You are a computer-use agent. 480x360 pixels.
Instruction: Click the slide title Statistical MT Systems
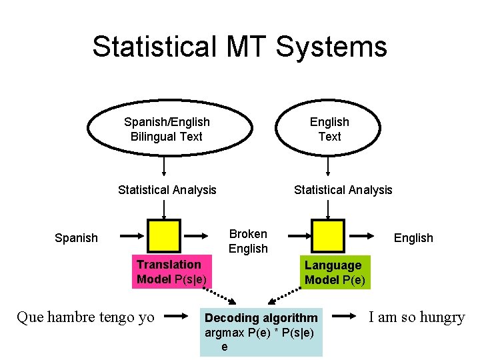click(x=239, y=47)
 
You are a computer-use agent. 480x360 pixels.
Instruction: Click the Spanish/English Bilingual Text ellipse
click(x=167, y=129)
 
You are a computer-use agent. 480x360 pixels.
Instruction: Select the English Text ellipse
click(x=329, y=129)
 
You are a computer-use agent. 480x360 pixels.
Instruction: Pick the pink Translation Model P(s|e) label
click(x=172, y=271)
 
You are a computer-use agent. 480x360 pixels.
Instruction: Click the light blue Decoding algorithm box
click(x=261, y=332)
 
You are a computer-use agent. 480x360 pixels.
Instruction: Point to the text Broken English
click(x=248, y=241)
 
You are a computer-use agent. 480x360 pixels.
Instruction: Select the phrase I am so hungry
click(x=417, y=317)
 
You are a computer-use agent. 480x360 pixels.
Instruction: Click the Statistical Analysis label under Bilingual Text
click(x=167, y=190)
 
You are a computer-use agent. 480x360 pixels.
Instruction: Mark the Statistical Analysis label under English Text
click(x=343, y=190)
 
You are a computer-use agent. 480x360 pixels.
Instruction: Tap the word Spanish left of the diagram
click(x=76, y=238)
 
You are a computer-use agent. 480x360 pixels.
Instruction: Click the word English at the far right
click(x=413, y=238)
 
